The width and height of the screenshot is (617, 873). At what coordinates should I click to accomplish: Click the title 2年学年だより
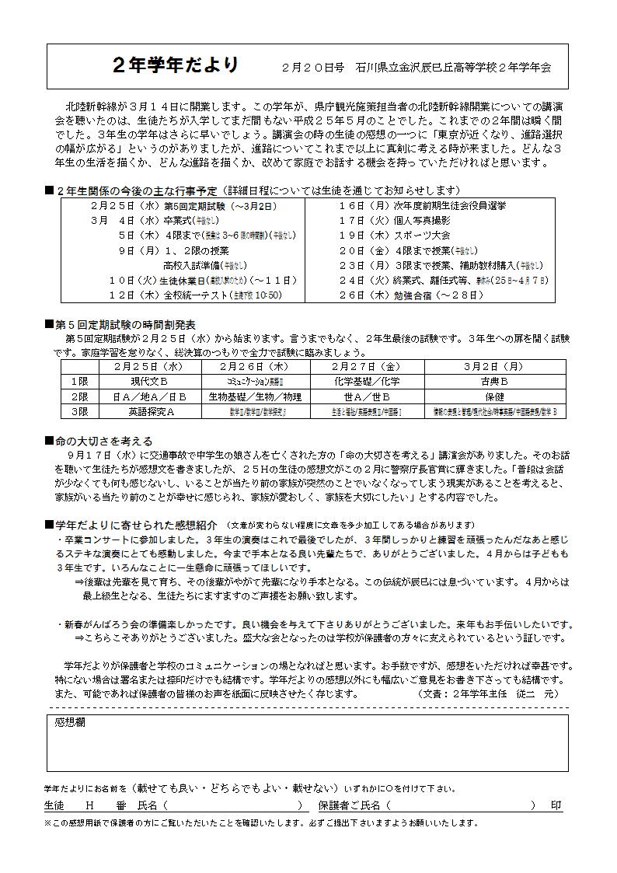(176, 65)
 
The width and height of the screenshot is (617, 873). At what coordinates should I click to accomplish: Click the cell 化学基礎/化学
(367, 381)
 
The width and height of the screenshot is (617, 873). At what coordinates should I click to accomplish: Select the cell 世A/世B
(367, 396)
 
